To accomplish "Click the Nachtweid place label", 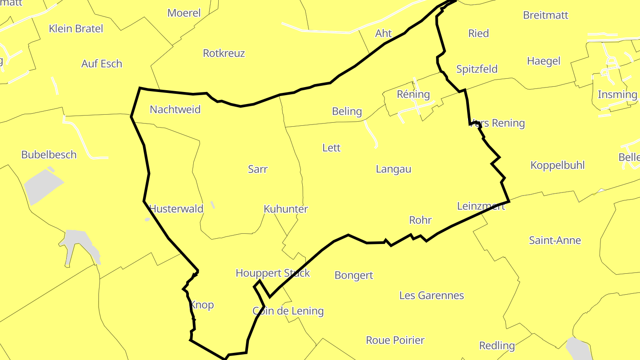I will (x=175, y=109).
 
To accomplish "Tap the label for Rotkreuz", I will (x=224, y=53).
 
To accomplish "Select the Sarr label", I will (x=258, y=169).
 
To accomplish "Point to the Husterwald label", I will (x=176, y=208).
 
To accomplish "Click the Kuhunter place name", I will (x=286, y=209).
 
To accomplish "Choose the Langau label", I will (x=393, y=169).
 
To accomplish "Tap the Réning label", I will (x=413, y=94).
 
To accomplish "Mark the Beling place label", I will (x=347, y=112).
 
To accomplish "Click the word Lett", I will (x=332, y=148).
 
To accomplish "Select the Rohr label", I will (x=420, y=220).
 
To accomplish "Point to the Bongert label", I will (x=354, y=275).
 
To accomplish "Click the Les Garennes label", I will (x=432, y=296).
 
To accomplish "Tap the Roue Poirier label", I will (x=395, y=340).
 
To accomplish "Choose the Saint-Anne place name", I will (x=555, y=240).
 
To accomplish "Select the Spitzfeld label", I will (x=477, y=69).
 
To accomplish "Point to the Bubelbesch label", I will (x=49, y=155).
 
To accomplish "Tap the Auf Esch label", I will (x=102, y=64).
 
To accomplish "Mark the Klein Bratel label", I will (x=76, y=28).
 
